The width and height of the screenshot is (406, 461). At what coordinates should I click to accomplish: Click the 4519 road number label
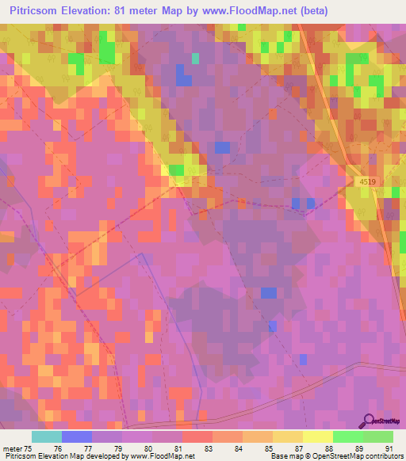(366, 182)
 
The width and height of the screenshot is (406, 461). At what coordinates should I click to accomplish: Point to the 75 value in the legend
(29, 448)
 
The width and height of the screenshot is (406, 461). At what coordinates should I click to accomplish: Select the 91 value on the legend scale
(389, 448)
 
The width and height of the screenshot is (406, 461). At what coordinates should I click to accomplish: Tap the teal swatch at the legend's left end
(47, 436)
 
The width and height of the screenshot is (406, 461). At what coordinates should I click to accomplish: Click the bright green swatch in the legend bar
(347, 436)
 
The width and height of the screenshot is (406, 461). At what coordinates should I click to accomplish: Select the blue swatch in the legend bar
(77, 436)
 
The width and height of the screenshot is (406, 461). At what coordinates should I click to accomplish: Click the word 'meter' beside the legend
(12, 448)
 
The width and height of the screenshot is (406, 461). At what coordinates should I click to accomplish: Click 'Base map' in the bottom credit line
(284, 456)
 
